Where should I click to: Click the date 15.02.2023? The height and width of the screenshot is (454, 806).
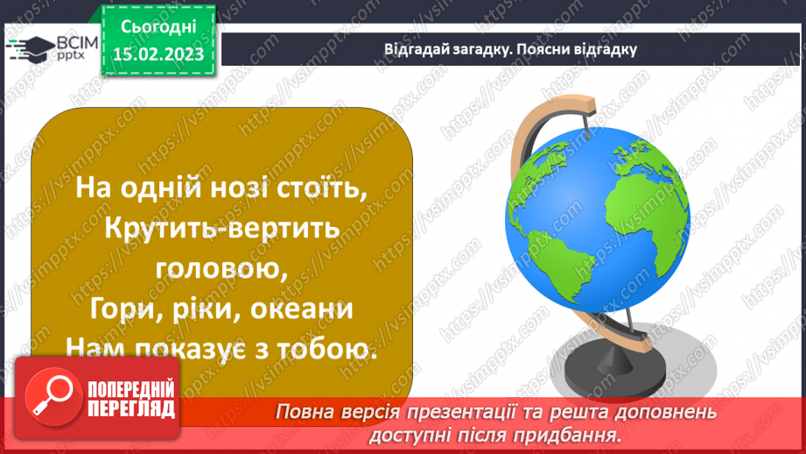point(158,54)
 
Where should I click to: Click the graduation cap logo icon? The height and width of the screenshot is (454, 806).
point(29,48)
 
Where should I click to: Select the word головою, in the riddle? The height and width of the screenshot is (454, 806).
point(221,268)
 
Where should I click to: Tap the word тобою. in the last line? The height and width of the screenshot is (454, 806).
point(326,351)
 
